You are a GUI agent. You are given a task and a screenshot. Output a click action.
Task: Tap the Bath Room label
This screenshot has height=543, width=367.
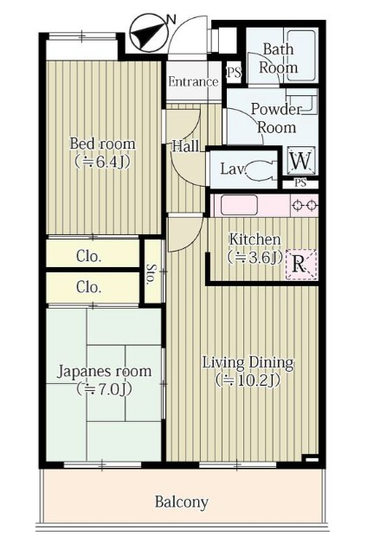[279, 59]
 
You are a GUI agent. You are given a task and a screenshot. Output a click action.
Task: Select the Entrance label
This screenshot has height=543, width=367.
[193, 83]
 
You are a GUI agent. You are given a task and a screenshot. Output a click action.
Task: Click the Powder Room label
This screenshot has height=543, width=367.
[274, 118]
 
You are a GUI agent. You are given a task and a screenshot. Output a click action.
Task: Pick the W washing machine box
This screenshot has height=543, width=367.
[300, 160]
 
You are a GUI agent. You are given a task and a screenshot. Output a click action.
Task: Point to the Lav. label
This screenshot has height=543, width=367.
[232, 169]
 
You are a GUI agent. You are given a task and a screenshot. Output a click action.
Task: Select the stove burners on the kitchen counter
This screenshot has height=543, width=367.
[304, 206]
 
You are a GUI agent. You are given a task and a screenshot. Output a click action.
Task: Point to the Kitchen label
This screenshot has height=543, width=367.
[254, 240]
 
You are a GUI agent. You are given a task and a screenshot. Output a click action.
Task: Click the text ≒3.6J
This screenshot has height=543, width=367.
[254, 257]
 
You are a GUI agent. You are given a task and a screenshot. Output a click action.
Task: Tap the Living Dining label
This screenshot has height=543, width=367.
[248, 362]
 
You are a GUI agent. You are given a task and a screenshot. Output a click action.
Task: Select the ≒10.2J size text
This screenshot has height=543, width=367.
[248, 380]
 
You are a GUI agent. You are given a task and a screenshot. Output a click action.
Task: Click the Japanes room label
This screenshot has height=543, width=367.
[104, 372]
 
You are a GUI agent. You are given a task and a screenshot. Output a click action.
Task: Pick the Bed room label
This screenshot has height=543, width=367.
[102, 144]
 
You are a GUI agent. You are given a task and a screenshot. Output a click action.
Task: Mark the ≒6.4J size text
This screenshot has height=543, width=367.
[102, 161]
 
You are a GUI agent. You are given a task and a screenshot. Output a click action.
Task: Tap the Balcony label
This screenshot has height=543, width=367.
[182, 501]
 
